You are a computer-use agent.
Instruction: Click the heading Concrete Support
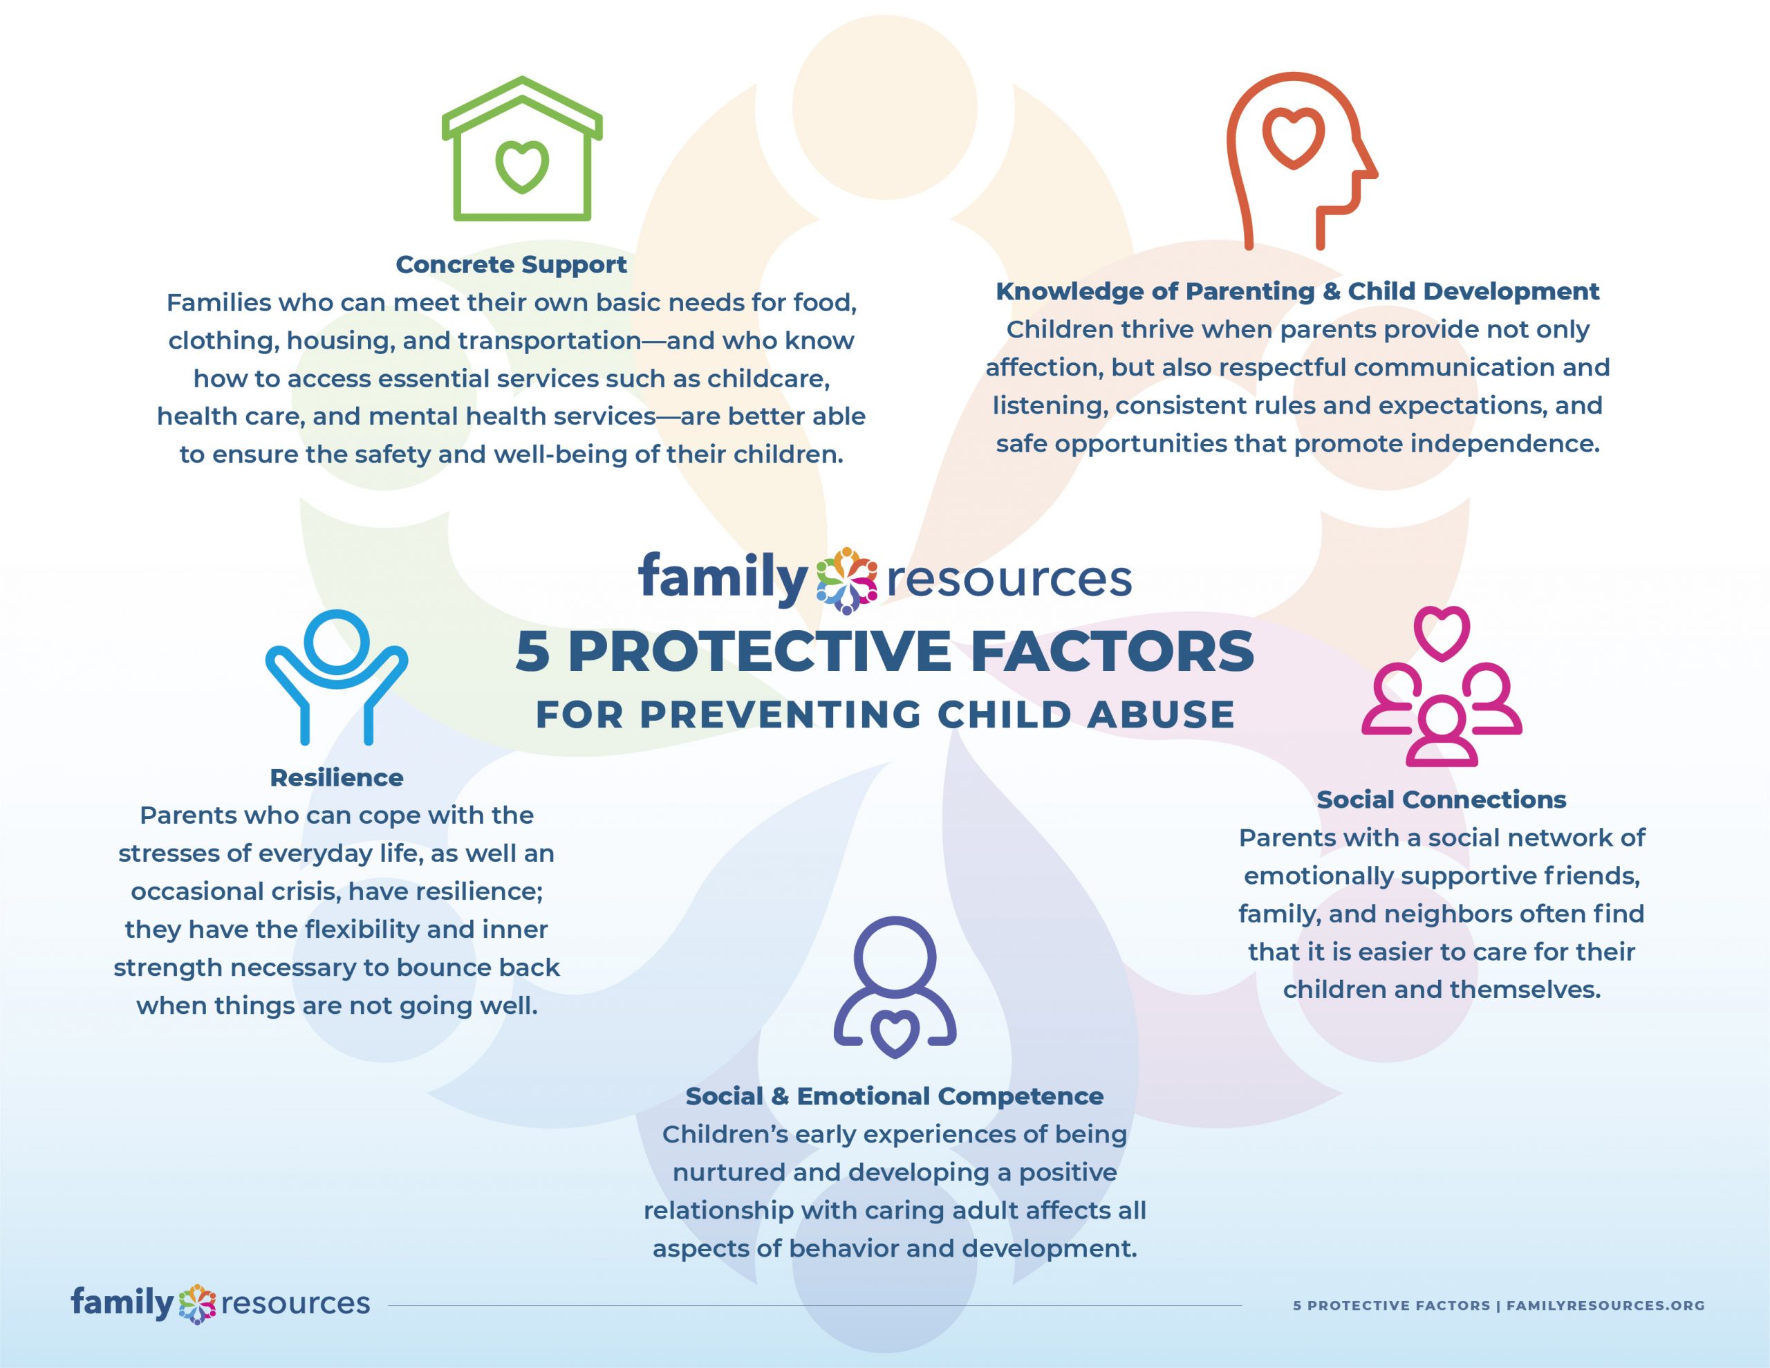click(512, 264)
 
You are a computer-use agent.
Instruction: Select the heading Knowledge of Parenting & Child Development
click(1298, 291)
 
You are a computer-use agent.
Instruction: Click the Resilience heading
click(336, 777)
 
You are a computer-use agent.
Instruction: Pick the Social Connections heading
click(1441, 799)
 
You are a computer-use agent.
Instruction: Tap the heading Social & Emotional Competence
click(895, 1096)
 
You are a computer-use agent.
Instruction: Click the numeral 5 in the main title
click(532, 651)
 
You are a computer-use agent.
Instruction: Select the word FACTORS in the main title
click(1111, 651)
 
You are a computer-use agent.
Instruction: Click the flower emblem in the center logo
click(846, 580)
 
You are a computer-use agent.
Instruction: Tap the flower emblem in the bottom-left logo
click(197, 1304)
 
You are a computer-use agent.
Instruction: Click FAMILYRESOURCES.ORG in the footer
click(1605, 1306)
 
